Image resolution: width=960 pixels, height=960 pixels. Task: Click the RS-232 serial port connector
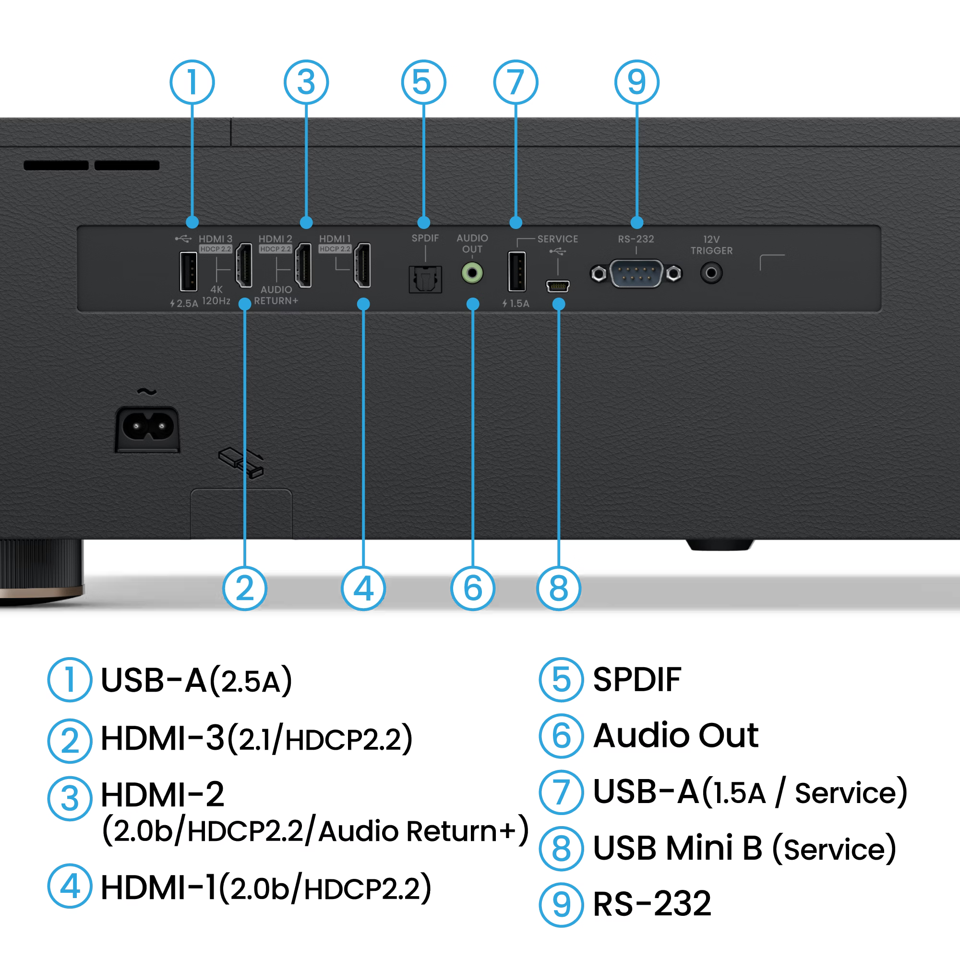pos(636,273)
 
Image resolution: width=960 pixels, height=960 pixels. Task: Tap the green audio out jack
pos(472,273)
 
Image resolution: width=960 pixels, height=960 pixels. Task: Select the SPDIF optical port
pos(425,279)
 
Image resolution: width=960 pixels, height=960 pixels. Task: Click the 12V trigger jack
pos(711,273)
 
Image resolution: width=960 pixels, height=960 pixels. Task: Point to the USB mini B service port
pos(557,286)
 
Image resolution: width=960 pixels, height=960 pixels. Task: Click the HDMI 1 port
pos(363,265)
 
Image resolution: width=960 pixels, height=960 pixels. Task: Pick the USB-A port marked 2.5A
pos(188,271)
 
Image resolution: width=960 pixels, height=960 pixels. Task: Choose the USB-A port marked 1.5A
pos(516,271)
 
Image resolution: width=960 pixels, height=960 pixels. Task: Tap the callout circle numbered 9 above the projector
pos(636,82)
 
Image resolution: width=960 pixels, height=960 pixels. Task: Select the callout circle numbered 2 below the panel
pos(244,588)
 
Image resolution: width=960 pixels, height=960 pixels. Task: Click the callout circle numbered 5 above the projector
pos(423,82)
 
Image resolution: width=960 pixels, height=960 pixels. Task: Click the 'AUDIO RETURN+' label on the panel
pos(276,295)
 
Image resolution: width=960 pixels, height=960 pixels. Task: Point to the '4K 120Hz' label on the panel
pos(216,295)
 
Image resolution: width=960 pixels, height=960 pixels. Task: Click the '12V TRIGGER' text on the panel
pos(711,245)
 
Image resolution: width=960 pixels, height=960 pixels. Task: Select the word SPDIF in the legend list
pos(637,679)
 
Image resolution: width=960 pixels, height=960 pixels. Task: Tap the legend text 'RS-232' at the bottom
pos(652,903)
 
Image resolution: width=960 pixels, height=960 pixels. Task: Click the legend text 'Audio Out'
pos(676,735)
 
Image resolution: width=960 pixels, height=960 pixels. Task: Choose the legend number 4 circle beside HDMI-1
pos(70,886)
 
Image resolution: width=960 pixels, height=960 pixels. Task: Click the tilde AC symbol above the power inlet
pos(146,392)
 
